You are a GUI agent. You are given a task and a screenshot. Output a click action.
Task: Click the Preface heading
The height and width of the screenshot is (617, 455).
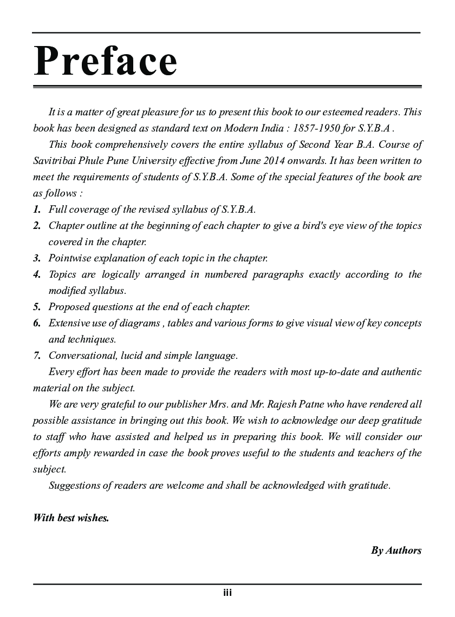[105, 61]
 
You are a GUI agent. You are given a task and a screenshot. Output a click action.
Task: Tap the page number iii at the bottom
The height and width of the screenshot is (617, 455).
[227, 593]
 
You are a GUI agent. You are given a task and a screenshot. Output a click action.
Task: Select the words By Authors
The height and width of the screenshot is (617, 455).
[396, 550]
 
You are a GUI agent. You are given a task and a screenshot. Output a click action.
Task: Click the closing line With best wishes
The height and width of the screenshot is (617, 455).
[71, 518]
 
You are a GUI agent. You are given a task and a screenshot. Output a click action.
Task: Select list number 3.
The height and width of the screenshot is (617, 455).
[37, 258]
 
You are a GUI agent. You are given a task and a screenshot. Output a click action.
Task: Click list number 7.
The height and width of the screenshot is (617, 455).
[37, 356]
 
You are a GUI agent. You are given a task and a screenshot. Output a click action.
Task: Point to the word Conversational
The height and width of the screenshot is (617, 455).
[81, 356]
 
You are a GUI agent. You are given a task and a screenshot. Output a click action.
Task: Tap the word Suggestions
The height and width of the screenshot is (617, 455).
[75, 485]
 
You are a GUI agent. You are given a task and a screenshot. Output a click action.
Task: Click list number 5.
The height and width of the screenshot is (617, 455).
[37, 307]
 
